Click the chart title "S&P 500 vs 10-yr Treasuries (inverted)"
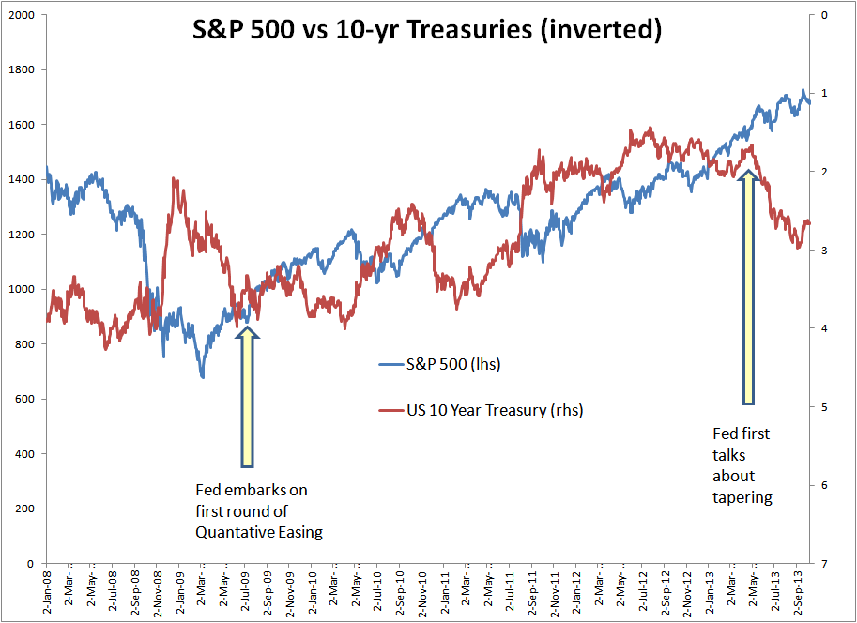click(x=427, y=30)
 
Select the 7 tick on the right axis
click(x=823, y=564)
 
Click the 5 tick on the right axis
click(x=823, y=407)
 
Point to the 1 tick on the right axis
click(x=823, y=94)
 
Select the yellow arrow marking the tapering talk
click(x=749, y=286)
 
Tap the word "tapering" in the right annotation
click(x=742, y=497)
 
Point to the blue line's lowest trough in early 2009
click(x=203, y=377)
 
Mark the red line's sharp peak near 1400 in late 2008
click(x=173, y=177)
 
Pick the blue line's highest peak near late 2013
click(x=803, y=90)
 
